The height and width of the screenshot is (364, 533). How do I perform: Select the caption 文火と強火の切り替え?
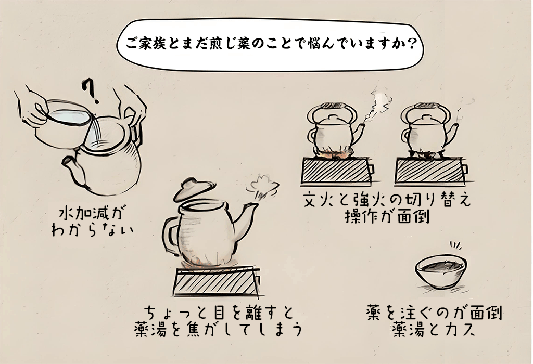388,200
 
